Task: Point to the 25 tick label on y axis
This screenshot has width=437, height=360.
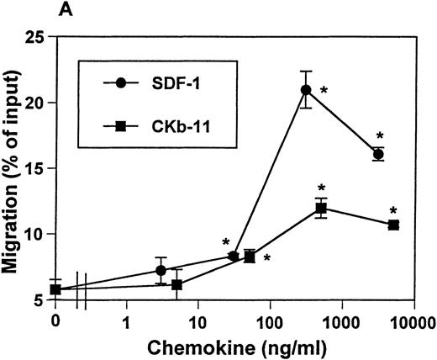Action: [x=34, y=38]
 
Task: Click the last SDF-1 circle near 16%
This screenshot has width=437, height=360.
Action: [x=379, y=154]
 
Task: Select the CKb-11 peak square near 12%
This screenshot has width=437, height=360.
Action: [x=320, y=208]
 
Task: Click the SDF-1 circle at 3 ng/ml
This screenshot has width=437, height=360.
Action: [x=161, y=270]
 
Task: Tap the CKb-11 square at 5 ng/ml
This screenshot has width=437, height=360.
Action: [x=176, y=284]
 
